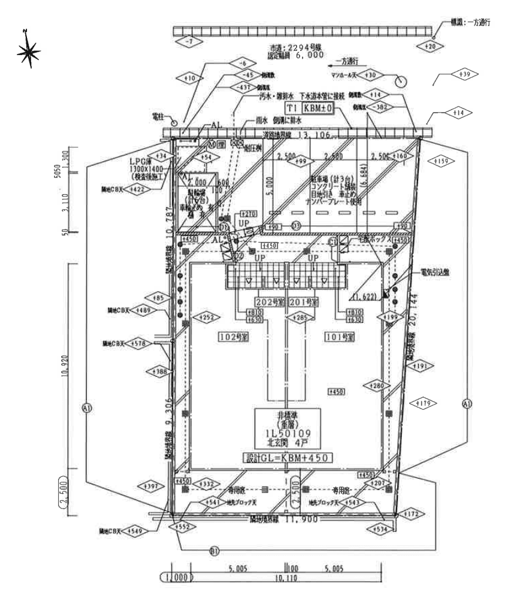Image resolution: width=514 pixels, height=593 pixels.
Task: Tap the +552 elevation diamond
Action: pyautogui.click(x=184, y=527)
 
